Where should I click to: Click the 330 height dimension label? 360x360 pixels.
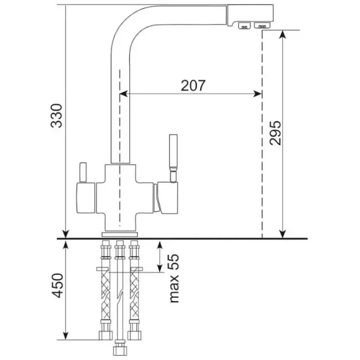tap(56, 115)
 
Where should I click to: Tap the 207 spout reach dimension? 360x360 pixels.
tap(193, 86)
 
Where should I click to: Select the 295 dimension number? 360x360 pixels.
tap(275, 132)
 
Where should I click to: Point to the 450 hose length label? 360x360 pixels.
tap(57, 285)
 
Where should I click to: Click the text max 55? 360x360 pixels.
tap(174, 278)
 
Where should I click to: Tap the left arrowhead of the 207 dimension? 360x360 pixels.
tap(124, 94)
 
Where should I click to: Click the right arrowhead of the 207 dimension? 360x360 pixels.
tap(257, 94)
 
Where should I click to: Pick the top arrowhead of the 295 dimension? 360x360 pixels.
tap(283, 34)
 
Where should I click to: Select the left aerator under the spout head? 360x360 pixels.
tap(244, 26)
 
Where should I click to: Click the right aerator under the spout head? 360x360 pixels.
tap(262, 25)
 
